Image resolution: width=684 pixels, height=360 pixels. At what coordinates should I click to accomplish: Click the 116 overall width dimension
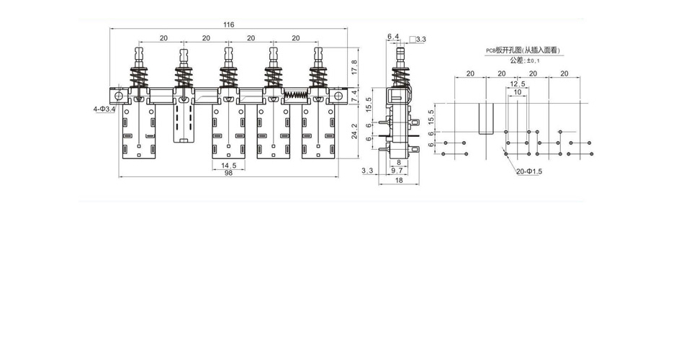pyautogui.click(x=228, y=24)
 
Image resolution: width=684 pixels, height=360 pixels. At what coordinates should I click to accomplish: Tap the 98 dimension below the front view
pyautogui.click(x=228, y=173)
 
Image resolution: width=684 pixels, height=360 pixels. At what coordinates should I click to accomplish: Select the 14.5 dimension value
pyautogui.click(x=228, y=166)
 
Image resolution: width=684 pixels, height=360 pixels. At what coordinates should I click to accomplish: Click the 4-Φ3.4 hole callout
pyautogui.click(x=104, y=109)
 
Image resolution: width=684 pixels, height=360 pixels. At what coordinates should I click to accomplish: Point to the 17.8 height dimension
pyautogui.click(x=354, y=67)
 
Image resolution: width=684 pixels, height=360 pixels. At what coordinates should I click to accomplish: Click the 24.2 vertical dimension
pyautogui.click(x=354, y=131)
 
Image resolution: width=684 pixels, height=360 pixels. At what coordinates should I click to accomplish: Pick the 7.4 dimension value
pyautogui.click(x=354, y=97)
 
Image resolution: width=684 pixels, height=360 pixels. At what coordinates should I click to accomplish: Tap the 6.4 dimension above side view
pyautogui.click(x=393, y=36)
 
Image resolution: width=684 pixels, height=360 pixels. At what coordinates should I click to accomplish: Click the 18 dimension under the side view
pyautogui.click(x=399, y=180)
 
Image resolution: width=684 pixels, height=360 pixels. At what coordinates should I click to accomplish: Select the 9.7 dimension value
pyautogui.click(x=397, y=171)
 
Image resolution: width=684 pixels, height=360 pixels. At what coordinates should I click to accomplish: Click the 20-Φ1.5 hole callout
pyautogui.click(x=529, y=171)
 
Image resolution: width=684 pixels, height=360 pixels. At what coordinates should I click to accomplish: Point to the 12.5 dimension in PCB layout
pyautogui.click(x=518, y=84)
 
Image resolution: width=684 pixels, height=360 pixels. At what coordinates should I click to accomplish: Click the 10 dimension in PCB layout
pyautogui.click(x=518, y=92)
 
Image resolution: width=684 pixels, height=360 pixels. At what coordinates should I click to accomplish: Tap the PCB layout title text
pyautogui.click(x=523, y=50)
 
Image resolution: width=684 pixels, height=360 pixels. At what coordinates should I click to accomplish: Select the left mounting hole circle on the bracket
pyautogui.click(x=119, y=96)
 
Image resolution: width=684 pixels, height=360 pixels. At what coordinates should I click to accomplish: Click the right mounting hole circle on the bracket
pyautogui.click(x=338, y=96)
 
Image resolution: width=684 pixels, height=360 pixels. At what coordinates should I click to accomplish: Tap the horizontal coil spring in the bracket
pyautogui.click(x=296, y=96)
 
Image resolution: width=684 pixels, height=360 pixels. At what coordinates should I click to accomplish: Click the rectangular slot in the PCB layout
pyautogui.click(x=486, y=118)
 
